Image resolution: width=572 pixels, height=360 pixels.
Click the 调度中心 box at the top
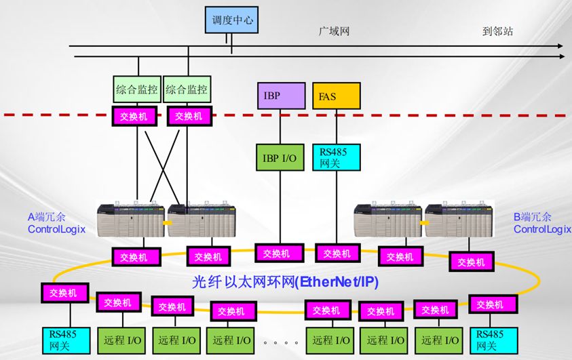(x=231, y=20)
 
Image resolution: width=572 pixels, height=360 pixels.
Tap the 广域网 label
(x=335, y=31)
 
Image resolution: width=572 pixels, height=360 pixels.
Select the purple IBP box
(x=280, y=96)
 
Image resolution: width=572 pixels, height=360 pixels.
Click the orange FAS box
(x=336, y=96)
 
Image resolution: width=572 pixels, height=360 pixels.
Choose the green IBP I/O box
(x=280, y=157)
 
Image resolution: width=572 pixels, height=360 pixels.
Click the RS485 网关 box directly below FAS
(x=336, y=157)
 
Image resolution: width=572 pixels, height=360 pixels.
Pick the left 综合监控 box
(x=136, y=89)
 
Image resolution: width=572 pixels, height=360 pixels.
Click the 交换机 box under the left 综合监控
(x=134, y=116)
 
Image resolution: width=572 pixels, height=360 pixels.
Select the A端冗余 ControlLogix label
(x=56, y=223)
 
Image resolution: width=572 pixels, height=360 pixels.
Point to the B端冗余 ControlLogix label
(x=541, y=223)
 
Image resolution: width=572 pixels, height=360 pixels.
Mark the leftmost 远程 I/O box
(x=122, y=340)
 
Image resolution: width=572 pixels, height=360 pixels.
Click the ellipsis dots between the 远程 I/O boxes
(x=280, y=342)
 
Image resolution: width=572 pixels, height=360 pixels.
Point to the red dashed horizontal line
(x=407, y=116)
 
